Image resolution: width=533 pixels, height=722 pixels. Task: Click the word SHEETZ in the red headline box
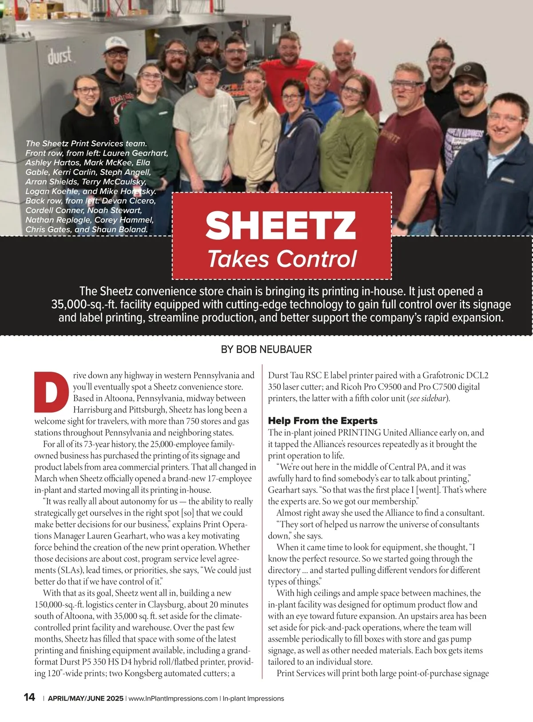pos(281,225)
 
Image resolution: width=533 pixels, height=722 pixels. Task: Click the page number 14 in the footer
pos(29,697)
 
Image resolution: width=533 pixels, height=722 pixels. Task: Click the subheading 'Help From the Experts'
pos(322,421)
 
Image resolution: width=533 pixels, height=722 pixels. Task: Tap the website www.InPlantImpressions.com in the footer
pos(173,698)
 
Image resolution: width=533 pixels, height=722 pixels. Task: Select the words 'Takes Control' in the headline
pos(282,259)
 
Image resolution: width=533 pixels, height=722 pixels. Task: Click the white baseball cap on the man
pos(116,44)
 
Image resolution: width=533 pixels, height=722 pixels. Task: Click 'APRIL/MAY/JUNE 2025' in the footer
pos(85,698)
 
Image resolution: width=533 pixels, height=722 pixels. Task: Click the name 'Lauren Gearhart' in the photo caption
pos(135,153)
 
